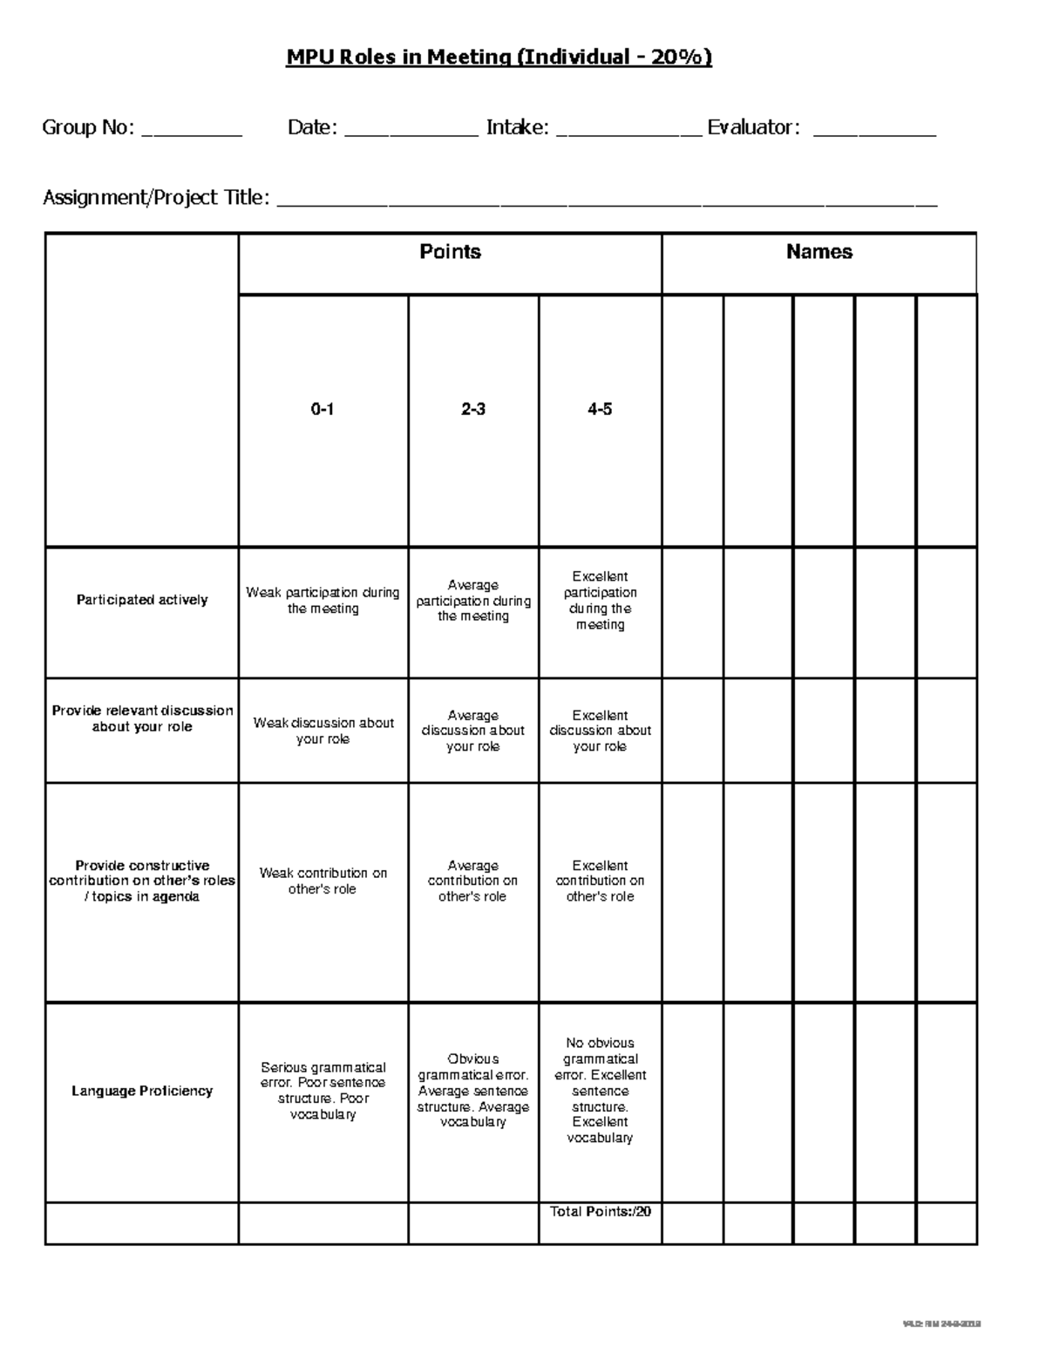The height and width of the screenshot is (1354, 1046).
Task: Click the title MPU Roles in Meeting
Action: tap(499, 58)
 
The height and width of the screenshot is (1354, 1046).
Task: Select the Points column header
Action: tap(450, 252)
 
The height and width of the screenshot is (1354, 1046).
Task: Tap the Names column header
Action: tap(818, 252)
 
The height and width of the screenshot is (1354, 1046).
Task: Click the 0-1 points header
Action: tap(323, 409)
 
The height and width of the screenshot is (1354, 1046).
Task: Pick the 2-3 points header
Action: tap(473, 409)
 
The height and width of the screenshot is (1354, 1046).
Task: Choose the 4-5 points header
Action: tap(600, 409)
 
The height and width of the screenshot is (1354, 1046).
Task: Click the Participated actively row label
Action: tap(142, 600)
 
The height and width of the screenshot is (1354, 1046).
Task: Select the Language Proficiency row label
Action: tap(142, 1091)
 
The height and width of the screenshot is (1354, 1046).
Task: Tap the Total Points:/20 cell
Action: tap(601, 1212)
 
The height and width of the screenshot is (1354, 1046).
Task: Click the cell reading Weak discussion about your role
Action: tap(323, 731)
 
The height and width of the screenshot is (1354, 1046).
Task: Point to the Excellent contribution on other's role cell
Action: tap(600, 881)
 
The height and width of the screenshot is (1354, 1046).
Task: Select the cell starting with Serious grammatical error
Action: tap(323, 1091)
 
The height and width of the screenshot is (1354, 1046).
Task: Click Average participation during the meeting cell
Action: tap(473, 601)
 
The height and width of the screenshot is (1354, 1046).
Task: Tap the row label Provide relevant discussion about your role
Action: tap(142, 718)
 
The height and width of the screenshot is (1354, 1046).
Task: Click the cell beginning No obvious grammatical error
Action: tap(600, 1090)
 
